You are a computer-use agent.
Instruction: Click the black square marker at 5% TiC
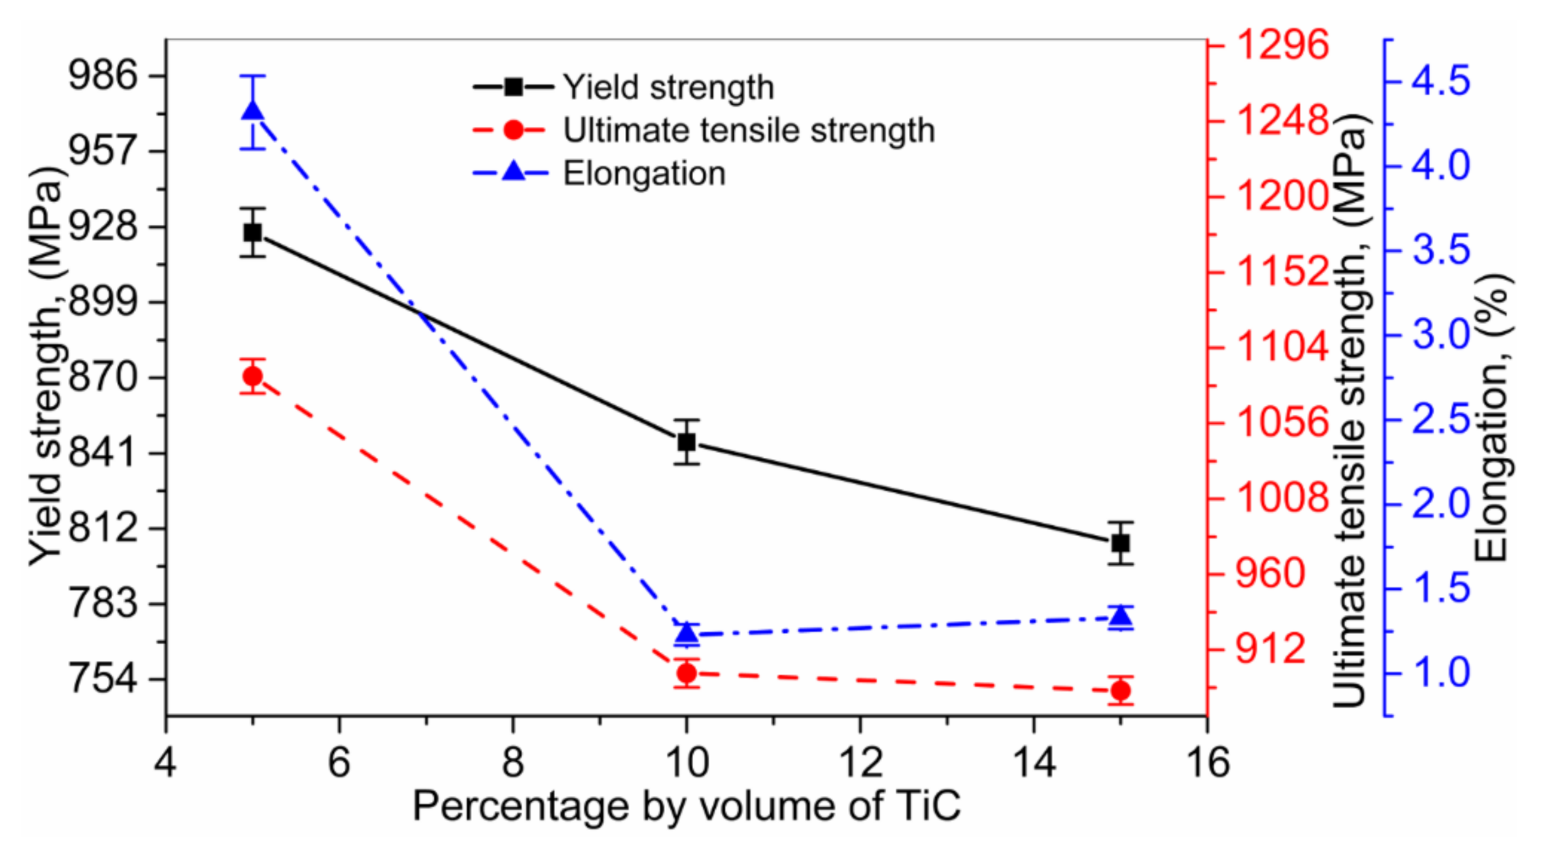tap(252, 233)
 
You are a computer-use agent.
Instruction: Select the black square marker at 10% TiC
tap(687, 442)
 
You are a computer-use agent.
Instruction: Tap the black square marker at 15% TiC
tap(1121, 543)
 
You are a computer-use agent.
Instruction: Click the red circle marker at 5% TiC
tap(252, 376)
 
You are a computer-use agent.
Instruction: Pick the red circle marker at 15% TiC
tap(1121, 691)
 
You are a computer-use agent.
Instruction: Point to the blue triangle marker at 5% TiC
tap(252, 111)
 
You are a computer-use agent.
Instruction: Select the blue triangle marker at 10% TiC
tap(687, 634)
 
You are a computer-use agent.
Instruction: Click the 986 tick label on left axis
tap(103, 75)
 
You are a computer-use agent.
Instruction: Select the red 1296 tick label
tap(1282, 46)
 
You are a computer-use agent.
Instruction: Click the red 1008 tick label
tap(1282, 497)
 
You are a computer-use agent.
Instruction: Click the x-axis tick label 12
tap(860, 762)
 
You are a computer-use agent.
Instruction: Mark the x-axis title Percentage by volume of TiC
tap(686, 806)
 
